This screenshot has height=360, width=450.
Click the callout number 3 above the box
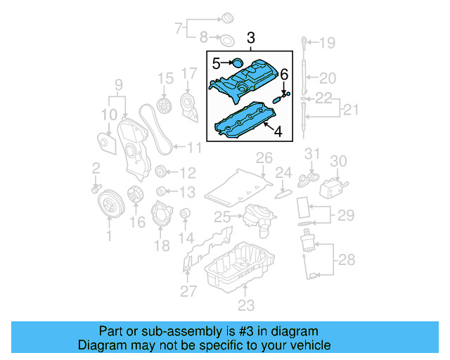[x=252, y=37]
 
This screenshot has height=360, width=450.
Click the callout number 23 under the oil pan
[x=245, y=304]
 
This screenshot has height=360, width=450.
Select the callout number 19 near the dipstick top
[x=328, y=44]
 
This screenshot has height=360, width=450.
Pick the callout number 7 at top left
[x=179, y=28]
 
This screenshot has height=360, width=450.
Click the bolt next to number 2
[x=95, y=188]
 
